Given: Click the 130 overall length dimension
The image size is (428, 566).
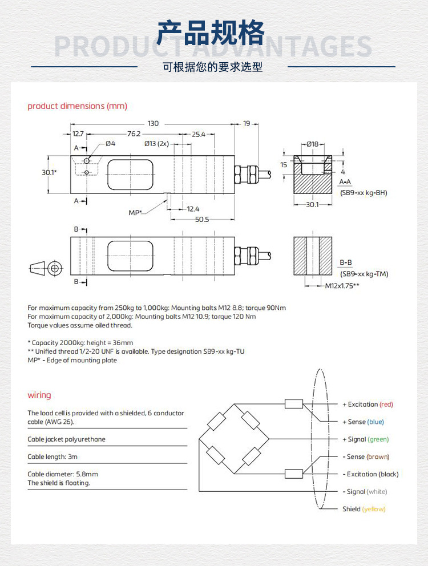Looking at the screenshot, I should tap(153, 123).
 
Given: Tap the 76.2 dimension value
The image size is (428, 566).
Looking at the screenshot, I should tap(134, 134).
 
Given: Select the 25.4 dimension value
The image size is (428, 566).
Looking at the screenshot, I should tap(199, 134).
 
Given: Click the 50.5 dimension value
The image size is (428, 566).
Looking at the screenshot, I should tap(201, 219).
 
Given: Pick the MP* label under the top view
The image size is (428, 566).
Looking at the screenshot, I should tap(135, 212).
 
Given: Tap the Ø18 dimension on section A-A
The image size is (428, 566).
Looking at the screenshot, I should tap(312, 144).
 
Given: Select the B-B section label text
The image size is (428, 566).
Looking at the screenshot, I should tap(346, 262).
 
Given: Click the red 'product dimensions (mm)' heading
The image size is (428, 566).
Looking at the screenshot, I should tap(77, 106).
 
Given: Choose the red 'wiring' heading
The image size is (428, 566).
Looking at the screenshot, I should tap(39, 395).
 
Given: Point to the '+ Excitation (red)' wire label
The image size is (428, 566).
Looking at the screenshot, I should tap(368, 405).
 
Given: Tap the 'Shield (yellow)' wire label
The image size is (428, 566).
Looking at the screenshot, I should tap(364, 509).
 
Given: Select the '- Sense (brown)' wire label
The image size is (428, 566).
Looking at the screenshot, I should tap(366, 456).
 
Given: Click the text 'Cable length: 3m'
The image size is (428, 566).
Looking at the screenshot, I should tap(53, 456).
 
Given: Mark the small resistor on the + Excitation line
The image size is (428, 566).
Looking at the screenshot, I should tap(293, 405).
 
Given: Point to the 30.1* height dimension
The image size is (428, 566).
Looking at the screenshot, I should tap(49, 172).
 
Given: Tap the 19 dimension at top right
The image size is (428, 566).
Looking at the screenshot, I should tap(247, 123).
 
